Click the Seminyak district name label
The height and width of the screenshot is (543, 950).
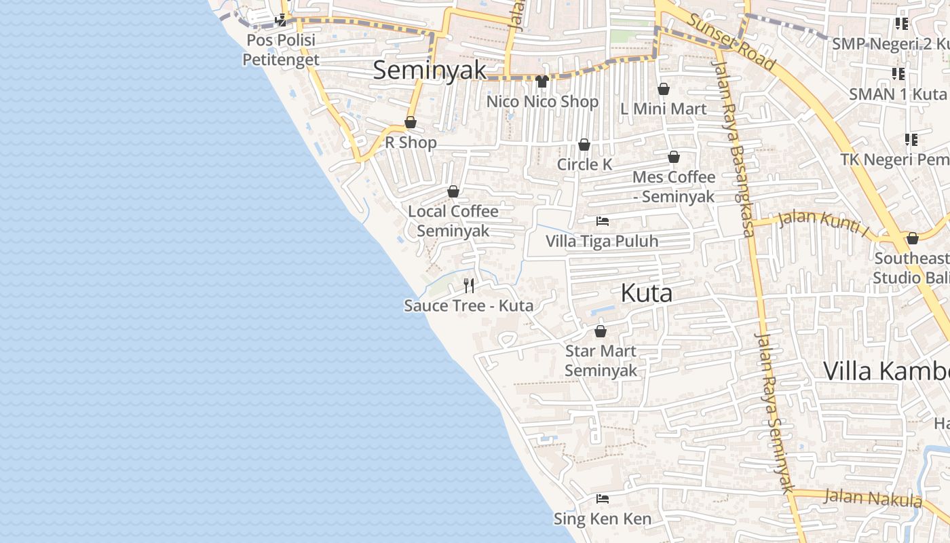coord(430,70)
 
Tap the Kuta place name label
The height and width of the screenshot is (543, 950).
coord(647,293)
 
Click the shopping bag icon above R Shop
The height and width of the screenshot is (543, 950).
coord(411,122)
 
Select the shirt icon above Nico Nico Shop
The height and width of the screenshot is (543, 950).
coord(541,81)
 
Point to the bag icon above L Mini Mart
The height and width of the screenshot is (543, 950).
coord(664,89)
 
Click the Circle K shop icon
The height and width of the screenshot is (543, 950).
coord(584,145)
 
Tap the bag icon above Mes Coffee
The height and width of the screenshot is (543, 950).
coord(674,157)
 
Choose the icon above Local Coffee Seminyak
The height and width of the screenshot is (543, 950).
coord(453,191)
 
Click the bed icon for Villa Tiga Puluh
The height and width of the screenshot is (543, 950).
coord(602,221)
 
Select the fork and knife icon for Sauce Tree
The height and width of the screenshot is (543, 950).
coord(469,285)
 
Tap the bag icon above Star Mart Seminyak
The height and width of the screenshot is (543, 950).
coord(601,331)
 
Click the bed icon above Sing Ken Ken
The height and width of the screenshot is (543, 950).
coord(602,499)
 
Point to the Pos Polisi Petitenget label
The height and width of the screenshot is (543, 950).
coord(281,50)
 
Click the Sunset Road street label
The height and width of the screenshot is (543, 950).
coord(731,41)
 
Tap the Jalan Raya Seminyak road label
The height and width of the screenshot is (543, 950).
coord(774,413)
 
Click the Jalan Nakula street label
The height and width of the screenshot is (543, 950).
coord(873,498)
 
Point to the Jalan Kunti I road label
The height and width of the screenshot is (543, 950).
coord(823,223)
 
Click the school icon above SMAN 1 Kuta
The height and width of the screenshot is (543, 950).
coord(898,73)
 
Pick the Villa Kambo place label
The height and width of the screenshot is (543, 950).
coord(886,371)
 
